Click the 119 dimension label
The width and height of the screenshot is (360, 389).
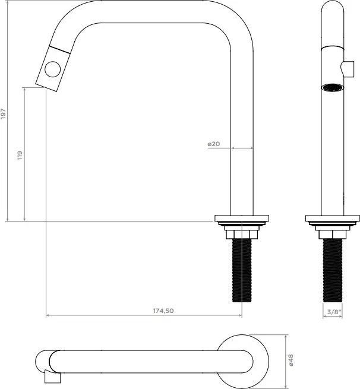click(20, 155)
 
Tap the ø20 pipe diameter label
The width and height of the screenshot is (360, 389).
click(214, 144)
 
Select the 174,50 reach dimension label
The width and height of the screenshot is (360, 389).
click(163, 311)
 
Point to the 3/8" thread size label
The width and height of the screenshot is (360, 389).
click(333, 311)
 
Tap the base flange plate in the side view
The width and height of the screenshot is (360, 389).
click(242, 218)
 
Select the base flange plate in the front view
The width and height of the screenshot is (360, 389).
click(333, 218)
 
